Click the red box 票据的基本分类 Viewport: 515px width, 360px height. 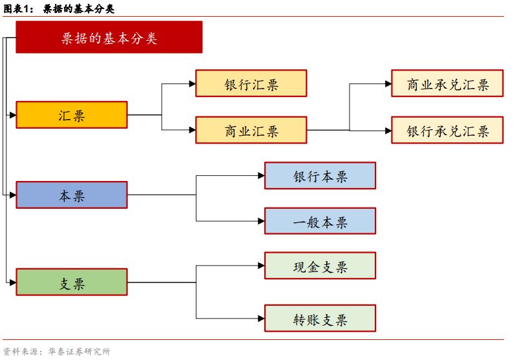(x=109, y=37)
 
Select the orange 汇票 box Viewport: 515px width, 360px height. (x=72, y=115)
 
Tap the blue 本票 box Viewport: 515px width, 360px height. (x=72, y=195)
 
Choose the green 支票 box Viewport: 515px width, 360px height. (x=72, y=282)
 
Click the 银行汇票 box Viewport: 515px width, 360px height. (x=251, y=84)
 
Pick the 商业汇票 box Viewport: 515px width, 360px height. (x=251, y=131)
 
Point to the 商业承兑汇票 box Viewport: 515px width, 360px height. (x=447, y=84)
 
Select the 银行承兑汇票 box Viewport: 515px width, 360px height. (x=447, y=131)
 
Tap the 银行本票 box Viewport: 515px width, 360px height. (x=320, y=176)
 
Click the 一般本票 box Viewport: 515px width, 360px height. (x=320, y=221)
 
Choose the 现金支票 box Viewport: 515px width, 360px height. (x=320, y=266)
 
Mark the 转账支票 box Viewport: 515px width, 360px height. (x=320, y=319)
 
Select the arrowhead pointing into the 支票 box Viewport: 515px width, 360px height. (x=12, y=282)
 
